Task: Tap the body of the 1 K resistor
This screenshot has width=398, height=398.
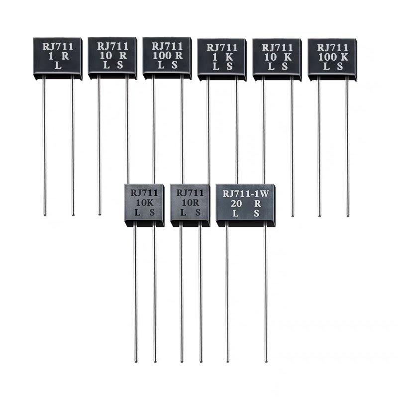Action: coord(222,58)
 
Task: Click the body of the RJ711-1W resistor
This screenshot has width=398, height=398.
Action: coord(246,204)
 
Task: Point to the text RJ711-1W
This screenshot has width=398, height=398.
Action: coord(246,194)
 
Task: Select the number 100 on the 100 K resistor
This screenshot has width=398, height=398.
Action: coord(324,57)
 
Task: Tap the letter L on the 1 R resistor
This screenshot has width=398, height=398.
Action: coord(58,66)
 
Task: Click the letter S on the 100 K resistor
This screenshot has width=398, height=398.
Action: coord(340,67)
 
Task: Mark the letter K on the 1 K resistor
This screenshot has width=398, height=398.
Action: coord(229,58)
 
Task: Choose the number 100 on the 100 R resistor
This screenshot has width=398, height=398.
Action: coord(160,56)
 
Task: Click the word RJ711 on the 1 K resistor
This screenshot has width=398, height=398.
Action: coord(222,48)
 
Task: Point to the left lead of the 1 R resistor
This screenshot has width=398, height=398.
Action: coord(44,149)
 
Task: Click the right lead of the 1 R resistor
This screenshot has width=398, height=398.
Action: coord(73,149)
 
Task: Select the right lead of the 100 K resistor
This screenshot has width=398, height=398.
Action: coord(347,149)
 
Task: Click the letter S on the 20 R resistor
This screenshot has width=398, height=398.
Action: coord(257,213)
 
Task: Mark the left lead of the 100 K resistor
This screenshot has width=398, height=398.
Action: coord(319,149)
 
